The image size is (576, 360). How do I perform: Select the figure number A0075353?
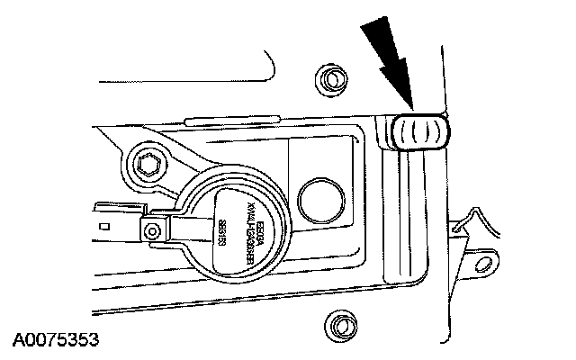tap(55, 341)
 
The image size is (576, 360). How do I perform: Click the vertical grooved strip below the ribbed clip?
tap(416, 216)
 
